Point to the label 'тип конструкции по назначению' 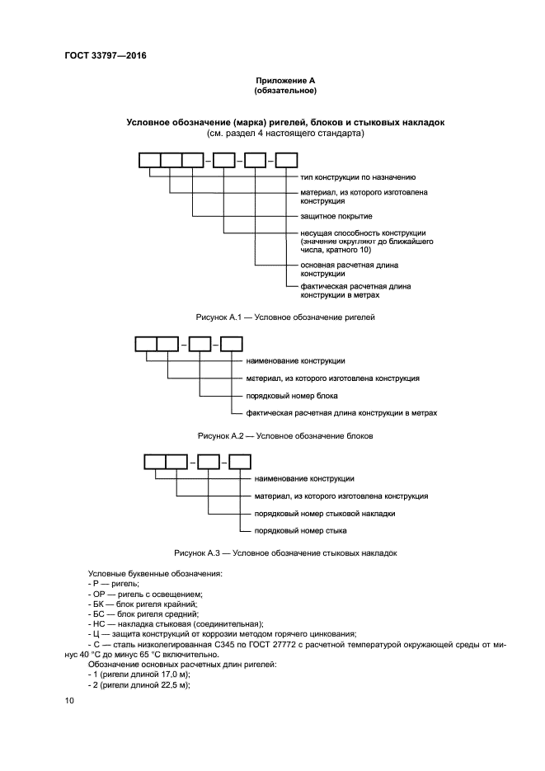pyautogui.click(x=358, y=176)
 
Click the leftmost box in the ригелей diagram pyautogui.click(x=148, y=162)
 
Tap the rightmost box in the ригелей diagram pyautogui.click(x=285, y=162)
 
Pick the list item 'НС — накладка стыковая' pyautogui.click(x=175, y=624)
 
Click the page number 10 pyautogui.click(x=69, y=700)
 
